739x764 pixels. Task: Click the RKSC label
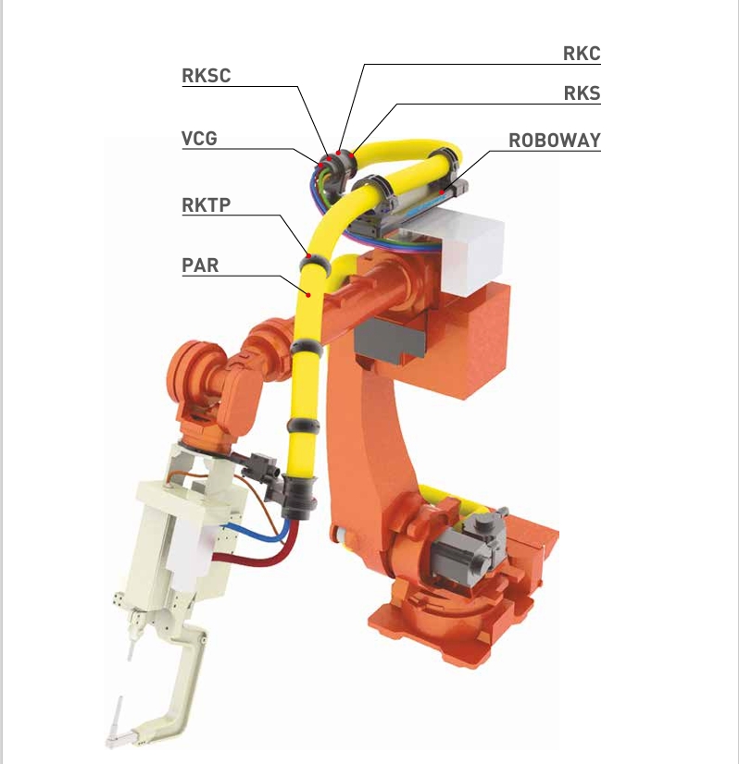click(206, 76)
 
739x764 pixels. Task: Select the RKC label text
click(582, 54)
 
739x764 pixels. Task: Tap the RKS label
click(582, 93)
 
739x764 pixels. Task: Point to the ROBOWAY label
click(555, 141)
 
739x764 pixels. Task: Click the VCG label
click(199, 138)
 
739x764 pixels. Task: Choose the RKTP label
click(206, 204)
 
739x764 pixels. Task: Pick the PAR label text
click(200, 265)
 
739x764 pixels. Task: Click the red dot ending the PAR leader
click(308, 294)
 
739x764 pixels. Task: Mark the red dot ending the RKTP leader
click(308, 256)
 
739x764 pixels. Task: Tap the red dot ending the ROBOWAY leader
click(442, 192)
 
